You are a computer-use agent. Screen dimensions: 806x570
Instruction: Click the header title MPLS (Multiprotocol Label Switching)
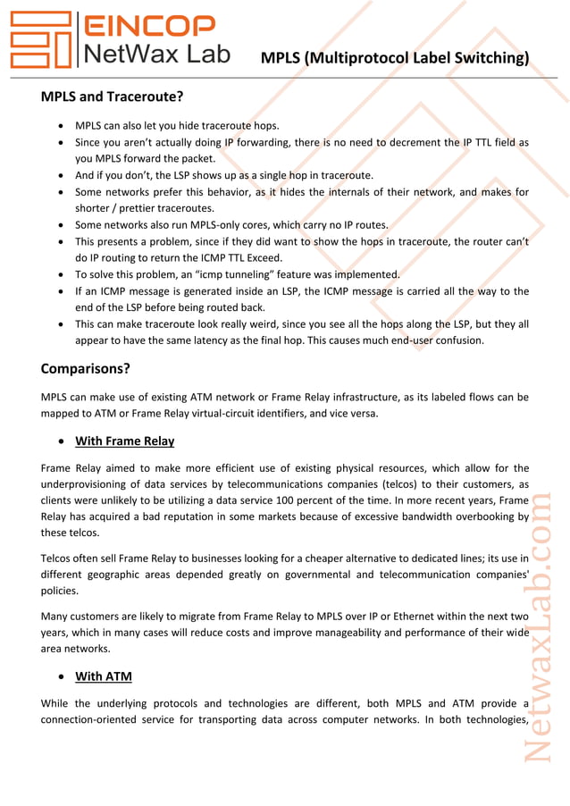394,58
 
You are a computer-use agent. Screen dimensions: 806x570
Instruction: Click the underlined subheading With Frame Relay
124,441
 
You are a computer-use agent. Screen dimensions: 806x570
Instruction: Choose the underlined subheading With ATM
104,676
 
